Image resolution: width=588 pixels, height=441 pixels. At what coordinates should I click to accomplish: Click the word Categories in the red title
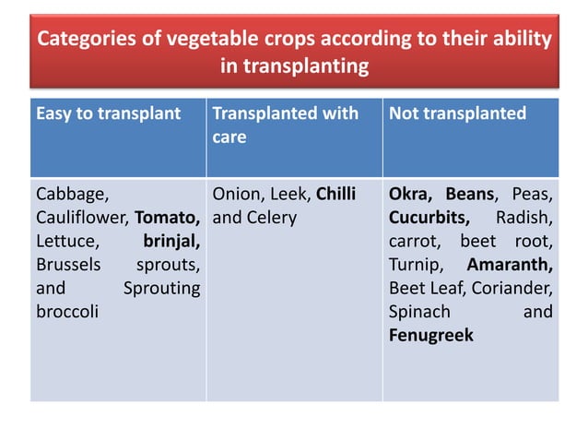(x=87, y=39)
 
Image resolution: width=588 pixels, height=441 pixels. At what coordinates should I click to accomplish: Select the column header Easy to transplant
(x=109, y=113)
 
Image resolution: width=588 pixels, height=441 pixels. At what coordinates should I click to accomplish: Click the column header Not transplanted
(x=457, y=113)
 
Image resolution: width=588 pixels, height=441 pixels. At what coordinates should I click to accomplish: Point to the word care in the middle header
(x=229, y=137)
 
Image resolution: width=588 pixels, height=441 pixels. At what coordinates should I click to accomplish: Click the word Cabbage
(x=73, y=195)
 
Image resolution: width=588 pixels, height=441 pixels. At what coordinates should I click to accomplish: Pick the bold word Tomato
(x=167, y=218)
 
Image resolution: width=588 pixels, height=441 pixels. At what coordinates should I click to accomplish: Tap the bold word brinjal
(x=171, y=242)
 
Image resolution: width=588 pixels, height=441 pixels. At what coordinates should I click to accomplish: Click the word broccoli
(x=67, y=312)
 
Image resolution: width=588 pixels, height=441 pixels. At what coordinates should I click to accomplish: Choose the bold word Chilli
(x=336, y=194)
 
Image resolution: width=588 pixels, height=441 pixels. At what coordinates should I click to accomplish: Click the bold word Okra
(x=410, y=195)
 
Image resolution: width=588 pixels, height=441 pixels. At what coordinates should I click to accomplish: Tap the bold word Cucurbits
(x=429, y=218)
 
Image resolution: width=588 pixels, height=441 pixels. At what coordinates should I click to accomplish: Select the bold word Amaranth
(x=510, y=265)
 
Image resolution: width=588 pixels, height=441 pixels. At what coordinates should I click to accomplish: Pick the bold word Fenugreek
(x=431, y=335)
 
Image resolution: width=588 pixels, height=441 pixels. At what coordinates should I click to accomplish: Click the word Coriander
(x=512, y=288)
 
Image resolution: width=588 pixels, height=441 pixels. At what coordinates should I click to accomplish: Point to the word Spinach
(x=419, y=312)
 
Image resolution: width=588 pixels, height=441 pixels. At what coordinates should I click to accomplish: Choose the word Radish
(x=524, y=218)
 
